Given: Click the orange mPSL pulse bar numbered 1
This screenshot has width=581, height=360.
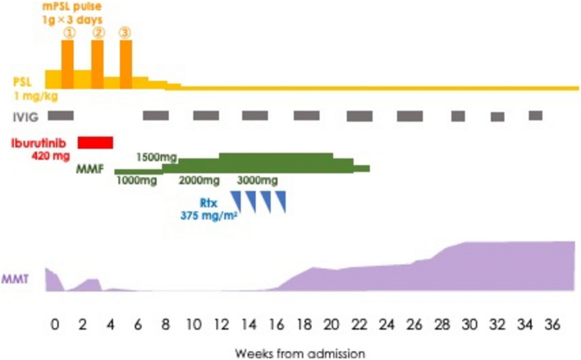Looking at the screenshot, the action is [x=67, y=65].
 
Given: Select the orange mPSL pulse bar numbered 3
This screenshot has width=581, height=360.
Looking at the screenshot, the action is [x=126, y=65].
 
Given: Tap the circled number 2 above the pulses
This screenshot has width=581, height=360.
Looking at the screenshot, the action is [x=98, y=34].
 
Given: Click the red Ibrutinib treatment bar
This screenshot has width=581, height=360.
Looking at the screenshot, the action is [x=95, y=143].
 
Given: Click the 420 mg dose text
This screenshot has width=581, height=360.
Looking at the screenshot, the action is [x=50, y=156].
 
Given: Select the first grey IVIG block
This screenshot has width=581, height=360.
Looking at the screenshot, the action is [x=61, y=116].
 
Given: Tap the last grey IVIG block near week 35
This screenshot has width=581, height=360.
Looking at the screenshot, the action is [x=535, y=116].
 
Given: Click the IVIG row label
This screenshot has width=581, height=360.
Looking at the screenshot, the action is [x=25, y=117].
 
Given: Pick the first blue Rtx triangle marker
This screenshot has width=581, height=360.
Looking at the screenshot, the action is [x=236, y=202].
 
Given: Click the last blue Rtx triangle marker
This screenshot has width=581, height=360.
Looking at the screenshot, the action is [x=281, y=202].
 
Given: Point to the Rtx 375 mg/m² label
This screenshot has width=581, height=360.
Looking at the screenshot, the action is [x=208, y=209].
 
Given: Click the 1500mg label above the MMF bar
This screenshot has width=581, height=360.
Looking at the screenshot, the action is [x=157, y=157].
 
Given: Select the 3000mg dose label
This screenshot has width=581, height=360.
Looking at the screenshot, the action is [x=257, y=180].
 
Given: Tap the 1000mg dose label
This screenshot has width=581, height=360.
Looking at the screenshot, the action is [x=136, y=180].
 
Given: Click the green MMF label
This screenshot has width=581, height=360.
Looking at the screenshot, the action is [x=89, y=169].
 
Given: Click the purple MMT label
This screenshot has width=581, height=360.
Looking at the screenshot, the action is [x=15, y=279].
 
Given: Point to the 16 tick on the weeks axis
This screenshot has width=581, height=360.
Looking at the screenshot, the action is [x=277, y=325].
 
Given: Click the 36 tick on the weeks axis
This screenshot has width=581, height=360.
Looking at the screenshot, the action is [x=552, y=325].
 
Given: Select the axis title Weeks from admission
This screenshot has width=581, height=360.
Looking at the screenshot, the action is [x=300, y=353].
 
